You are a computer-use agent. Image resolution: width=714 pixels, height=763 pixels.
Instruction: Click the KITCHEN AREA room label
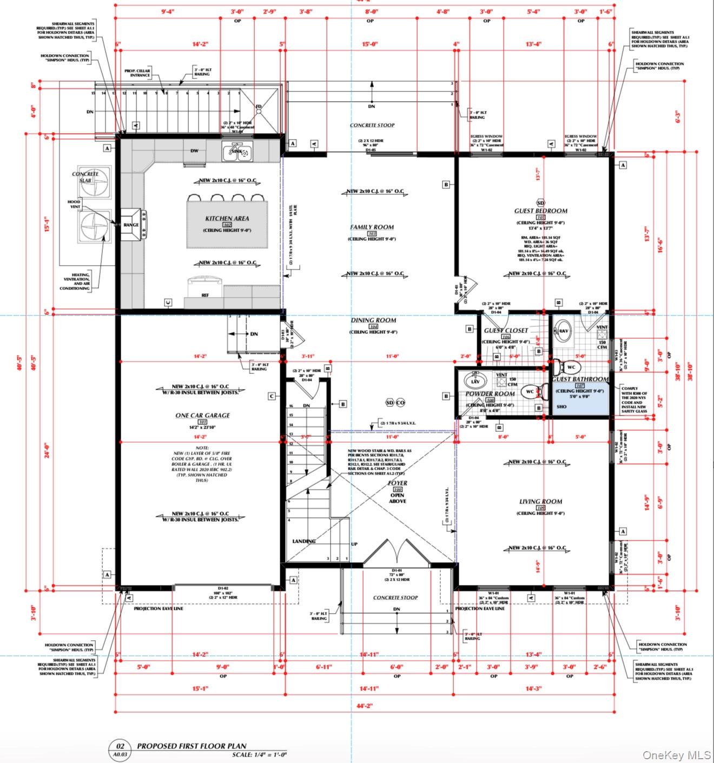(x=227, y=219)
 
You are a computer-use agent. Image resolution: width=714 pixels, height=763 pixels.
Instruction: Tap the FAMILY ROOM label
(x=372, y=227)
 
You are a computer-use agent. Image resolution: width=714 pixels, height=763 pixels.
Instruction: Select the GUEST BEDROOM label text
(x=540, y=211)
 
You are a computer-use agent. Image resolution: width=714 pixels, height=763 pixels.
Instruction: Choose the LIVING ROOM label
(x=540, y=502)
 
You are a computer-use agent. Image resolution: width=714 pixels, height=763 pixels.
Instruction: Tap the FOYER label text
(x=398, y=483)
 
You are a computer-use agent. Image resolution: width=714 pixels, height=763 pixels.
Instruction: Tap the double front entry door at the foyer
(x=398, y=553)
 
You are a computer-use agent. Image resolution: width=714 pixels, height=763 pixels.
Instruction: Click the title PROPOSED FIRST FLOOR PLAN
(x=191, y=746)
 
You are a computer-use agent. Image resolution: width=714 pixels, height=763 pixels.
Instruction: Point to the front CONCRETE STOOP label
(x=395, y=597)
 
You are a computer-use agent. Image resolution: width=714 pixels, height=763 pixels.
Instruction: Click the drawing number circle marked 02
(x=121, y=746)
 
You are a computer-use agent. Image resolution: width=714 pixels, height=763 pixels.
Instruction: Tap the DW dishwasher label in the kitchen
(x=194, y=151)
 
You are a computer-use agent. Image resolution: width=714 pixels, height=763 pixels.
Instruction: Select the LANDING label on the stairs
(x=304, y=541)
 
